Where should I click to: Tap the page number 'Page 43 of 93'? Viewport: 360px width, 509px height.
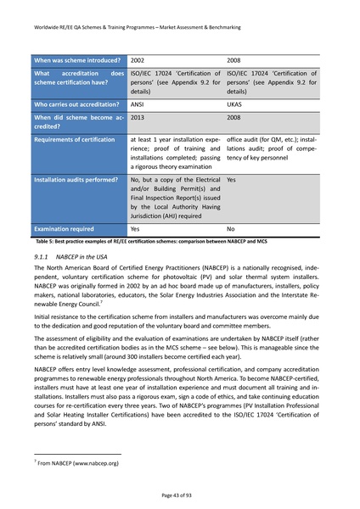[179, 493]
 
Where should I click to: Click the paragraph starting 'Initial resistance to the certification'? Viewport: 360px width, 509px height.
[179, 320]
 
